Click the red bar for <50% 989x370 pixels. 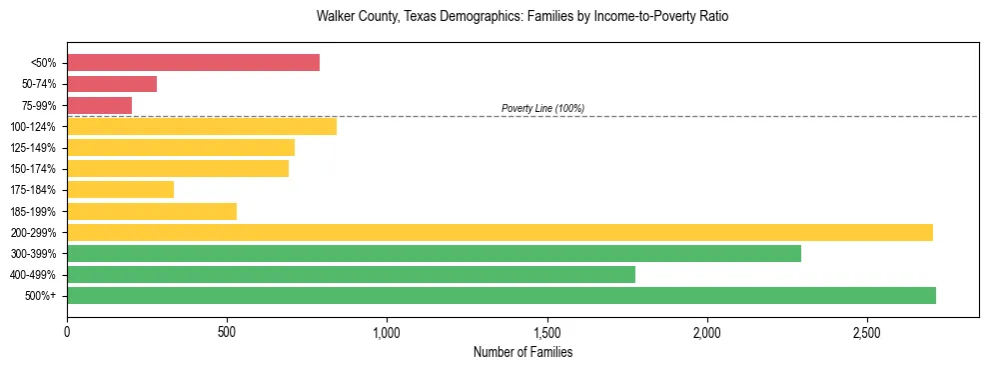tap(193, 63)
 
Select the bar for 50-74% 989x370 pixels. tap(112, 84)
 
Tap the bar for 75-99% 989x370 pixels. tap(99, 105)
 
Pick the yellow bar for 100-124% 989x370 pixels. tap(202, 126)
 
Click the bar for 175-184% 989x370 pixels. tap(120, 190)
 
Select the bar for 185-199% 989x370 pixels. tap(152, 211)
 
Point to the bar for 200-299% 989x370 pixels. tap(499, 232)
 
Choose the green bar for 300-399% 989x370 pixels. tap(434, 254)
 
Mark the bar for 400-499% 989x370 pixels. tap(351, 275)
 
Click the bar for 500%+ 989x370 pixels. tap(501, 296)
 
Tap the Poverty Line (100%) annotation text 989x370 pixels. tap(542, 108)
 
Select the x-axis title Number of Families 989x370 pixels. tap(521, 353)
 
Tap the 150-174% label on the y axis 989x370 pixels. tap(34, 169)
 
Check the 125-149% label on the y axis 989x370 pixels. tap(34, 148)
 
